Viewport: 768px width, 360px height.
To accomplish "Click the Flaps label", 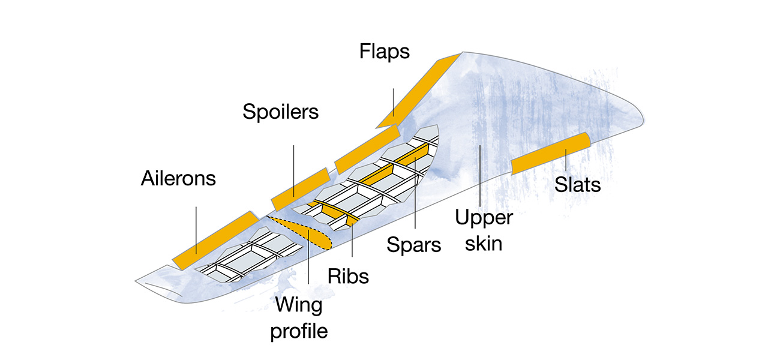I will (x=385, y=51).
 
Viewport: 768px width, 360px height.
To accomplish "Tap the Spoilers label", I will (x=280, y=111).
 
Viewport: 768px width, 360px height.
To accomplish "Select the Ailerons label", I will (x=178, y=178).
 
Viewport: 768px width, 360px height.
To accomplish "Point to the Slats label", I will (x=577, y=184).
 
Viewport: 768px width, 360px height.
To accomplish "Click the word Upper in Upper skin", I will (x=484, y=217).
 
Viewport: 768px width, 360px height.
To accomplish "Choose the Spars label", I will (x=414, y=244).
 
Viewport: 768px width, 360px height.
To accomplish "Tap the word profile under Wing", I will (x=299, y=330).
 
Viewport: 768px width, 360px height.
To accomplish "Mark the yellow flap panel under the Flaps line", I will (x=420, y=90).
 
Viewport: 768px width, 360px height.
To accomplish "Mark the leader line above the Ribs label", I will (x=352, y=246).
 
